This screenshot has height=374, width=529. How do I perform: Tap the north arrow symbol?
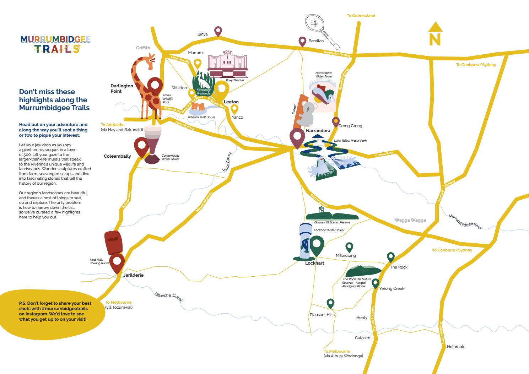435,34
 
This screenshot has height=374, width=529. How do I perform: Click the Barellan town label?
316,41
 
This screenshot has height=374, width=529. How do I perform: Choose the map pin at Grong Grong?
336,121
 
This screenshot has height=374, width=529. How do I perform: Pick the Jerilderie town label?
133,275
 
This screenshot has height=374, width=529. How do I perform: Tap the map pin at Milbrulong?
349,247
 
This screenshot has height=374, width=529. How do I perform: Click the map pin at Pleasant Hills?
331,303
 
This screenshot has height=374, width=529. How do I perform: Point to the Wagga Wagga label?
410,220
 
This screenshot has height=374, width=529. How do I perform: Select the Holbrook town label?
455,347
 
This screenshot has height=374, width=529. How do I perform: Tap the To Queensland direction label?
361,16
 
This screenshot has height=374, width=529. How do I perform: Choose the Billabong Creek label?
168,297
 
